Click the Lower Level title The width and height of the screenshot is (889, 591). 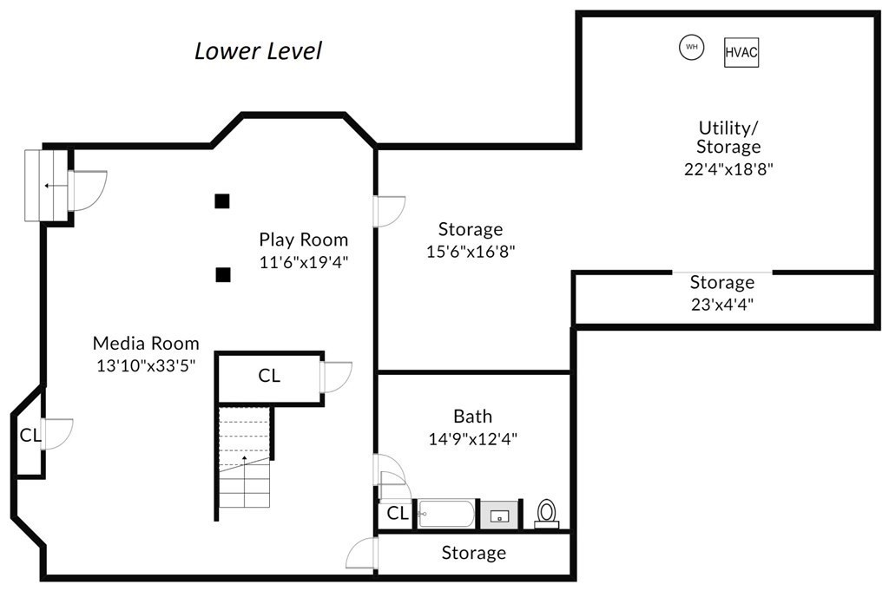[x=258, y=51]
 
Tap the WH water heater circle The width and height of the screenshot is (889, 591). [x=692, y=47]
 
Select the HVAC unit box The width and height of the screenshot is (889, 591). [x=741, y=52]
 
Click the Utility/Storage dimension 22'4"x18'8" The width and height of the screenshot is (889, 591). [x=728, y=169]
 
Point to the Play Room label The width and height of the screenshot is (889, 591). [x=303, y=240]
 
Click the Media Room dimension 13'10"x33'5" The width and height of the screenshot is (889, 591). [x=146, y=365]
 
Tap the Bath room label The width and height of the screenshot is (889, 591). [x=473, y=417]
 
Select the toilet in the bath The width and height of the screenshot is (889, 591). [x=547, y=514]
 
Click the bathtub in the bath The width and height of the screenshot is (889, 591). [x=446, y=514]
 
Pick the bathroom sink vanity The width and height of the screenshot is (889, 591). [x=499, y=515]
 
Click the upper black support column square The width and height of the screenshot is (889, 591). [x=222, y=201]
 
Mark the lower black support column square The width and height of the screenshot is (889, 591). [x=223, y=275]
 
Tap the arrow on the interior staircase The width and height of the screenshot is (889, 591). [x=244, y=460]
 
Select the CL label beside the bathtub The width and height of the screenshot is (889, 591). [x=398, y=514]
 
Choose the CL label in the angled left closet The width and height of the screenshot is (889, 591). [x=30, y=435]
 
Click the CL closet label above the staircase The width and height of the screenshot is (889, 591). [x=269, y=376]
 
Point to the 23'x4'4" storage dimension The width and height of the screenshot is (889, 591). [x=721, y=305]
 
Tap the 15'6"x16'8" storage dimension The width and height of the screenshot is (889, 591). [x=470, y=251]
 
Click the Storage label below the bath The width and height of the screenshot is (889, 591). [x=473, y=553]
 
